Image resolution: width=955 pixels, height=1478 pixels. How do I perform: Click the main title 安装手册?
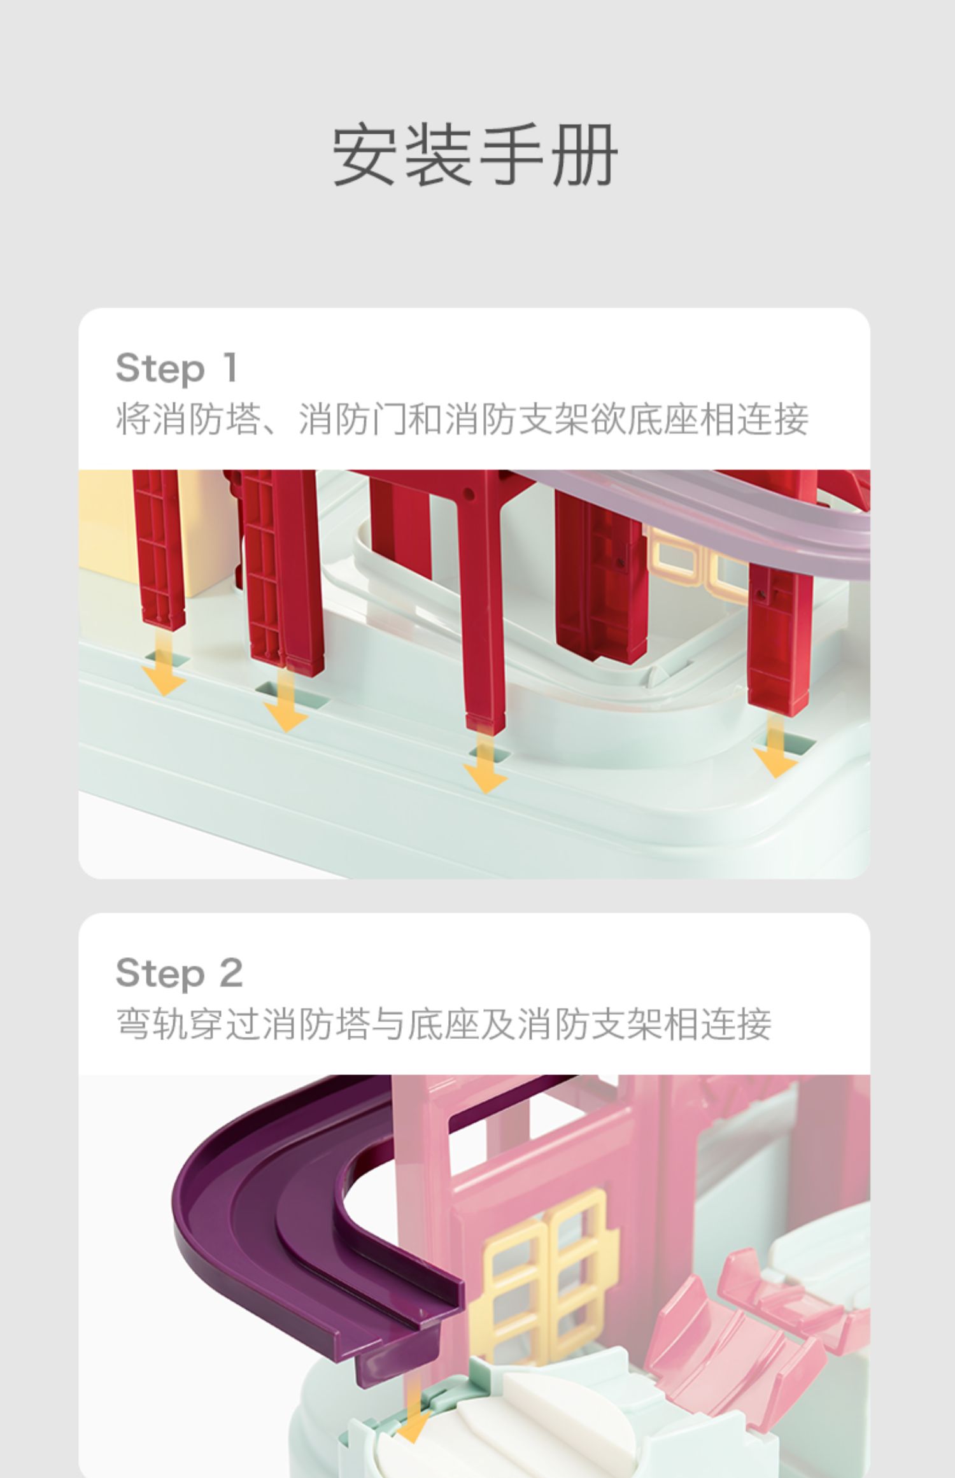475,155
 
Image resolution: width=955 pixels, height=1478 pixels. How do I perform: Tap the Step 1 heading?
177,369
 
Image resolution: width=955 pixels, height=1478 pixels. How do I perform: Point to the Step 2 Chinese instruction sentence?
444,1024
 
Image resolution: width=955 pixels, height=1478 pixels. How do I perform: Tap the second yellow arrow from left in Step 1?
286,700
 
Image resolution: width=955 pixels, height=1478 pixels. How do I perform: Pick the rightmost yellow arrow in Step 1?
775,745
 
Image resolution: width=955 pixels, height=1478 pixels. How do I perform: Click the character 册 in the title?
584,155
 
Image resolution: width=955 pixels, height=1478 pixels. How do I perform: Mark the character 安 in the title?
365,155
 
